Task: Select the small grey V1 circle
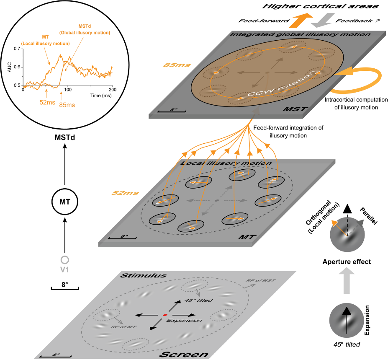click(64, 259)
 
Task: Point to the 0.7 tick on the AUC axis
click(18, 49)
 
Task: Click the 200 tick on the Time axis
click(113, 90)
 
